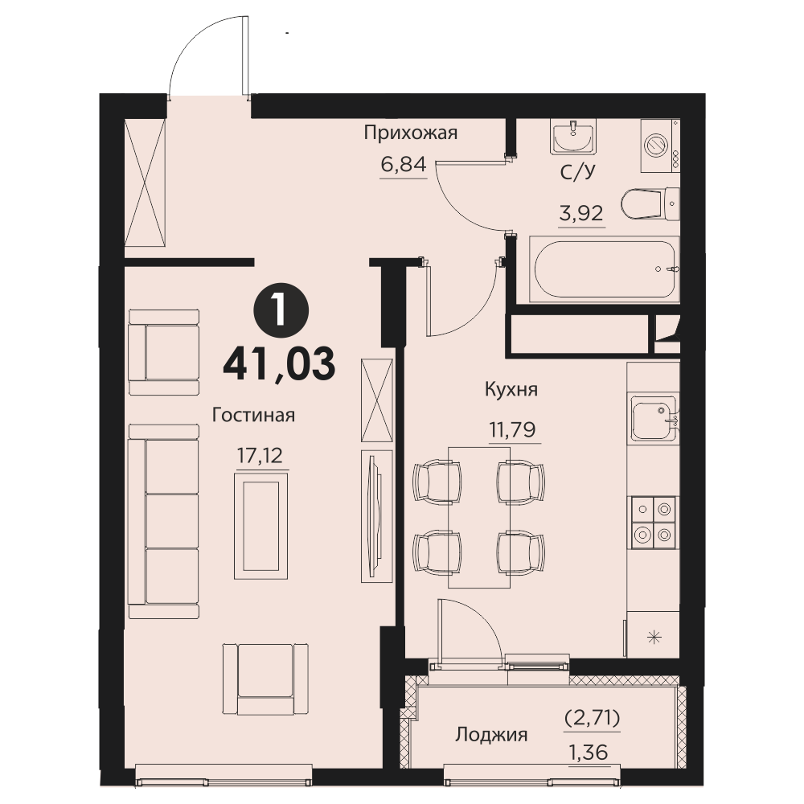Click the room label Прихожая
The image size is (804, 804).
coord(410,133)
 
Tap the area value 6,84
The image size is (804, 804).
coord(404,165)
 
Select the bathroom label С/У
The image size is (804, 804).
coord(578,172)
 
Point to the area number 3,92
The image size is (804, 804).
coord(581,213)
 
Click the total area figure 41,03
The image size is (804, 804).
coord(280,363)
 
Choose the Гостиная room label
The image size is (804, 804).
coord(253,415)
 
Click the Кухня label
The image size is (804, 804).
coord(511,390)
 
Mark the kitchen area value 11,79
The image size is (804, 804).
coord(513,429)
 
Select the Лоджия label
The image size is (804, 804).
coord(491,736)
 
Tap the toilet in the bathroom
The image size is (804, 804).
coord(650,204)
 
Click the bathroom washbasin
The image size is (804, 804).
coord(573,137)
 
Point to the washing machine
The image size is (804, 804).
coord(660,146)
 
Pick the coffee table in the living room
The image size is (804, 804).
coord(260,526)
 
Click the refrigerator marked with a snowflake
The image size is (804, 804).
coord(654,635)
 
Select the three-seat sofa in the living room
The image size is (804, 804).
coord(163,521)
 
